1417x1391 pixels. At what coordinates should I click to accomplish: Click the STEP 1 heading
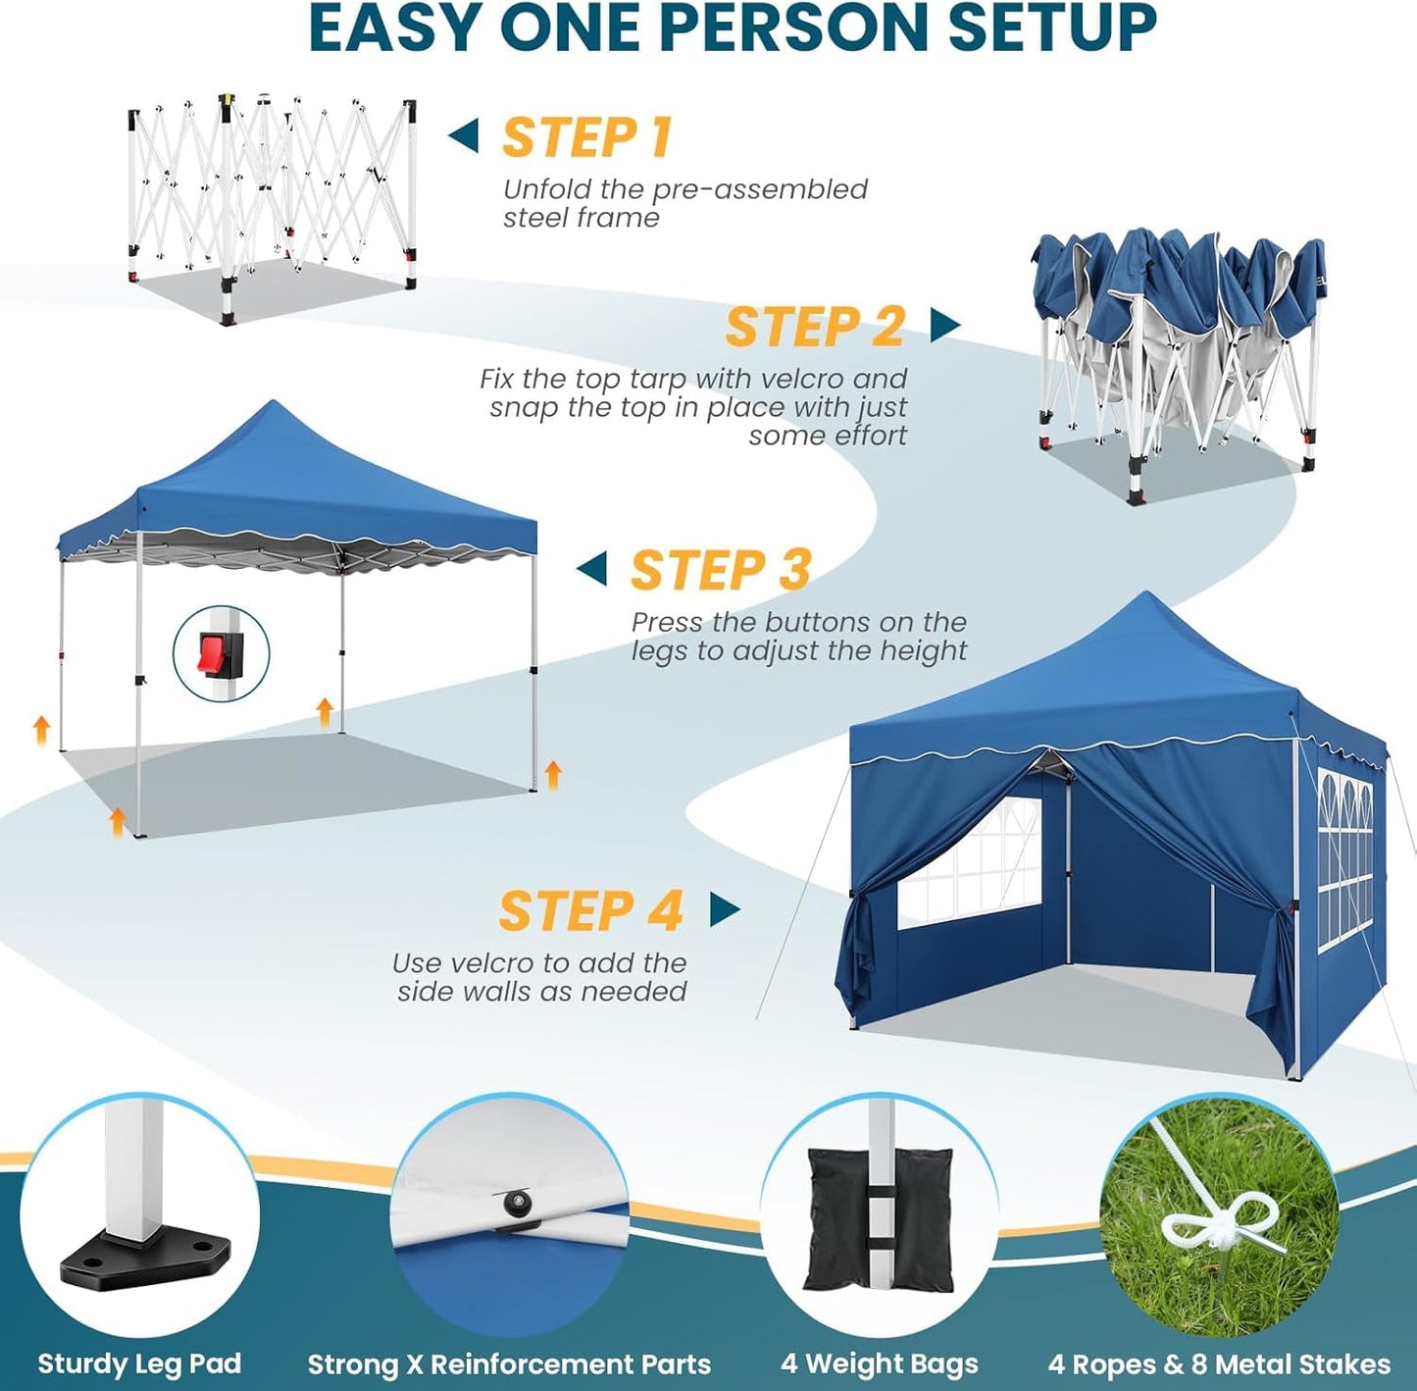click(586, 137)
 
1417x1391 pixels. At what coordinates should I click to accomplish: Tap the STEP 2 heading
click(814, 327)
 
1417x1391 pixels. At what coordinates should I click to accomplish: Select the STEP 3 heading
click(721, 570)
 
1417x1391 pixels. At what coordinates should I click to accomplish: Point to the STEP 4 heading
click(590, 911)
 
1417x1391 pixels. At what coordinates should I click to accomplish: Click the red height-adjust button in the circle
click(215, 652)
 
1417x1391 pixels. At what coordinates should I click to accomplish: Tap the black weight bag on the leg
click(879, 1219)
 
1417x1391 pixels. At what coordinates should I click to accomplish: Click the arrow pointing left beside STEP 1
click(464, 136)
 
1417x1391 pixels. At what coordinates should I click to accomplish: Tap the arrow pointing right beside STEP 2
click(944, 325)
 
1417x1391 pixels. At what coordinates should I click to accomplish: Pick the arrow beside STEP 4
click(724, 909)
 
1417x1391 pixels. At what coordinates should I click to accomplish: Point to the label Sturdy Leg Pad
click(139, 1364)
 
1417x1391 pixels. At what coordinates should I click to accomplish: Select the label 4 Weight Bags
click(880, 1364)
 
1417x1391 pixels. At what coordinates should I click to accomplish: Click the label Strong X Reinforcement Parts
click(509, 1364)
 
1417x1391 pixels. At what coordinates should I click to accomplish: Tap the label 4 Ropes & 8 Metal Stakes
click(1219, 1364)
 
